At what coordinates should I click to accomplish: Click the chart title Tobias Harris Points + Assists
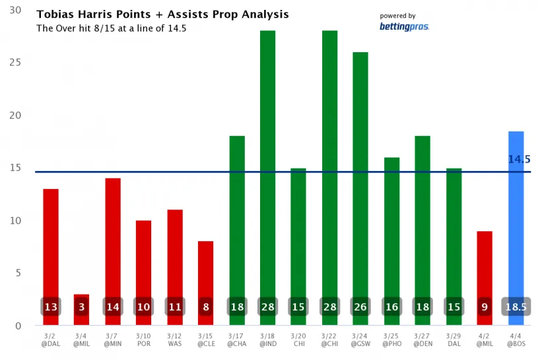(162, 14)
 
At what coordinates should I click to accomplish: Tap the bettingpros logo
(404, 26)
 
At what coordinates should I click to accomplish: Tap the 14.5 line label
(520, 159)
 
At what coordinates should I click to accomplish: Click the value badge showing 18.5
(516, 307)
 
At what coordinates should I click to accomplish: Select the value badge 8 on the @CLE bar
(206, 307)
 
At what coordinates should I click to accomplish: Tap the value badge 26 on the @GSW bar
(360, 307)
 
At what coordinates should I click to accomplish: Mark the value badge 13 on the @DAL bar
(51, 307)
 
